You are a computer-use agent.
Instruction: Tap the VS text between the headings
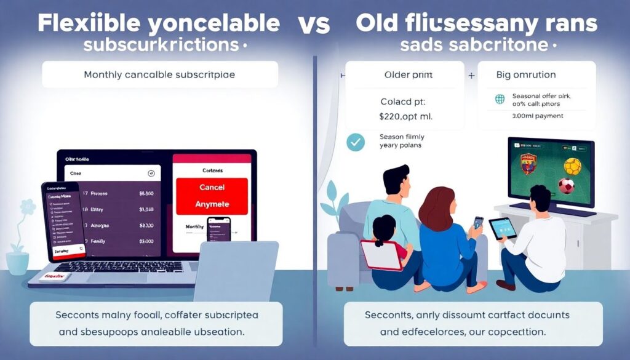click(x=314, y=24)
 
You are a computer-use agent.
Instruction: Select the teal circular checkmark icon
click(x=355, y=142)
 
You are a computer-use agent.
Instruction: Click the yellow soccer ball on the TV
click(x=572, y=166)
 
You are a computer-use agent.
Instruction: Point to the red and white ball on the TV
click(x=566, y=185)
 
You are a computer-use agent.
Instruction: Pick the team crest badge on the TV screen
click(x=528, y=164)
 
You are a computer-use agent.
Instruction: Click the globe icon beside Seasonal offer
click(x=500, y=98)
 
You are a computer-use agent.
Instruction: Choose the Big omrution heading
click(x=525, y=75)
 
